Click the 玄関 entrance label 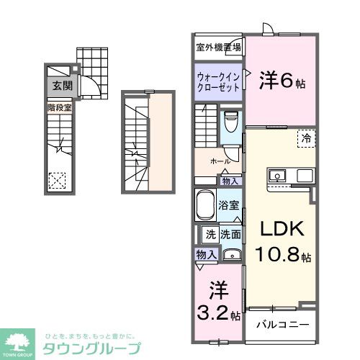click(x=62, y=86)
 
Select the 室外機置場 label click(x=219, y=48)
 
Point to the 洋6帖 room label click(x=281, y=81)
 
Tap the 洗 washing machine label click(x=210, y=233)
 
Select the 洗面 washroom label click(x=230, y=233)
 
